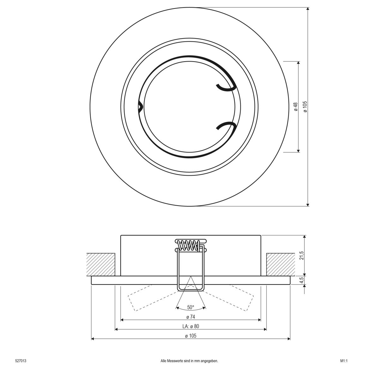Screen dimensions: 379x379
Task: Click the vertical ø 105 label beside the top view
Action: [x=305, y=107]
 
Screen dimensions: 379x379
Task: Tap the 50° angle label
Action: [x=190, y=307]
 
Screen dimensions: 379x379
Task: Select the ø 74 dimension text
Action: [x=190, y=317]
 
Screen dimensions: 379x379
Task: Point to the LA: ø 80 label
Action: [x=190, y=326]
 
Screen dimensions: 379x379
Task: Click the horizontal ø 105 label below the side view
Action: [x=190, y=336]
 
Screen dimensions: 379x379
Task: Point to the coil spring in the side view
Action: [x=189, y=245]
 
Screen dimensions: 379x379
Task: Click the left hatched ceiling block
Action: [x=101, y=264]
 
